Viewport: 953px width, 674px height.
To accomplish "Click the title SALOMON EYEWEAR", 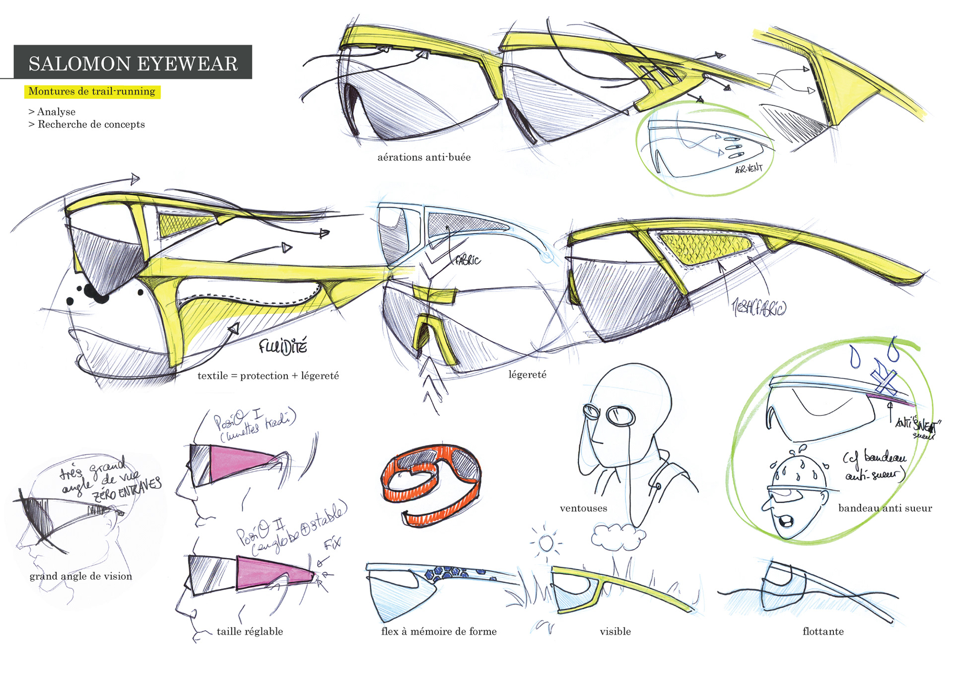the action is pyautogui.click(x=133, y=64).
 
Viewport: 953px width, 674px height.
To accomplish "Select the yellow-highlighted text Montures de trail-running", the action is pyautogui.click(x=92, y=91).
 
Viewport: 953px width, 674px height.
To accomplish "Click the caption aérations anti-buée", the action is pyautogui.click(x=424, y=157).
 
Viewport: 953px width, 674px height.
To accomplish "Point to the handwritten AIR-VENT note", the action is pyautogui.click(x=748, y=169).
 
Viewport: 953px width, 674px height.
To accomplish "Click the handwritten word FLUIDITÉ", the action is pyautogui.click(x=283, y=346).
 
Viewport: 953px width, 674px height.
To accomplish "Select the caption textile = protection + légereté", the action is pyautogui.click(x=268, y=376).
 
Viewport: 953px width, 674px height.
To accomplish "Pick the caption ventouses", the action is pyautogui.click(x=583, y=509).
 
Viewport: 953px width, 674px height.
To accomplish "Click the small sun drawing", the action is pyautogui.click(x=546, y=542).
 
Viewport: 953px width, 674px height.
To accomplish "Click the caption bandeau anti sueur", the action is pyautogui.click(x=885, y=508).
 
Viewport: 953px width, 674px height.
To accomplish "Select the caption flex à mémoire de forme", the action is pyautogui.click(x=439, y=632).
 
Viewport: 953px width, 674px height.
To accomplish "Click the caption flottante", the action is pyautogui.click(x=823, y=632).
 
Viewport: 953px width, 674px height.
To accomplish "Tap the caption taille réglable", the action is pyautogui.click(x=250, y=632).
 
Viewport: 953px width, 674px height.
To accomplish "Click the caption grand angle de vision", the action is pyautogui.click(x=81, y=576).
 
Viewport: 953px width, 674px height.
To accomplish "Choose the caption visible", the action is pyautogui.click(x=615, y=632).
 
